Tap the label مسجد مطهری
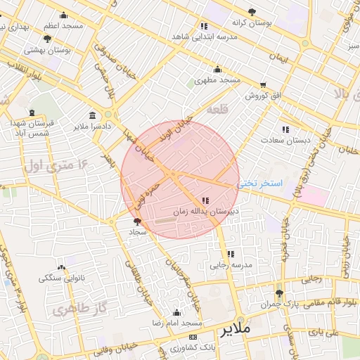[x=219, y=81]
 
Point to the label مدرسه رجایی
[x=230, y=266]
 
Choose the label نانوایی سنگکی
[x=61, y=278]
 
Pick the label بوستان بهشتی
[x=47, y=51]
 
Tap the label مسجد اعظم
[x=63, y=25]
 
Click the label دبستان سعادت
[x=286, y=140]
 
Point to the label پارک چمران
[x=281, y=304]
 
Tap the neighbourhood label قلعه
[x=218, y=110]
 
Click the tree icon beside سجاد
[x=136, y=221]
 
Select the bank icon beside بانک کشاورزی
[x=173, y=347]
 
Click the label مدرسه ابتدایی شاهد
[x=205, y=37]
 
